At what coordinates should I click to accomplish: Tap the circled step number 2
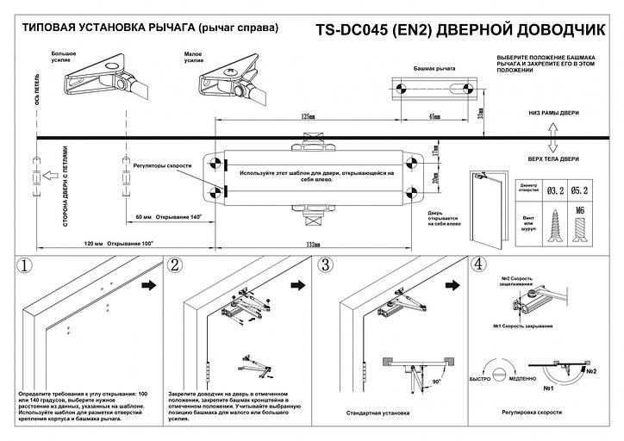tap(176, 267)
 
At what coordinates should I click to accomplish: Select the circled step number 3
tap(327, 266)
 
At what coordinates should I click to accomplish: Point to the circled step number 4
tap(480, 265)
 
